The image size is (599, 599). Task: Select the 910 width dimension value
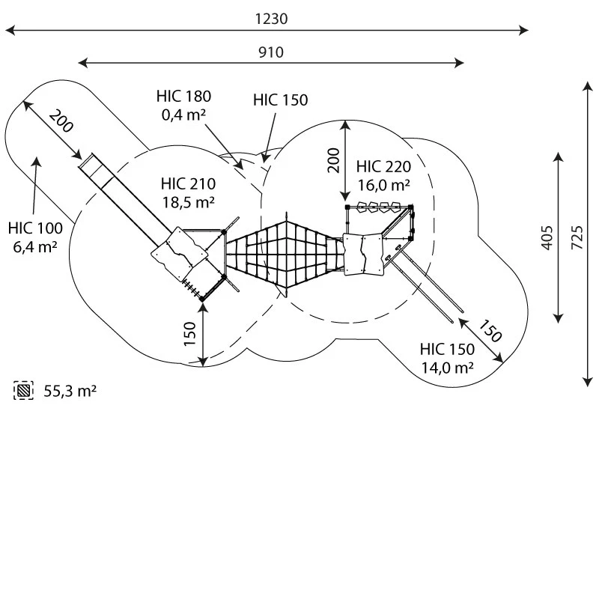point(271,52)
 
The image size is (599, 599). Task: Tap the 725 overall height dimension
point(577,235)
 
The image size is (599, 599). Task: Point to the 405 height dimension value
point(547,237)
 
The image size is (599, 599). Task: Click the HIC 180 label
point(183,96)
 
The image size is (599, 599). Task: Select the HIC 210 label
point(188,184)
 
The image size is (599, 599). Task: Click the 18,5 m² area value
point(188,201)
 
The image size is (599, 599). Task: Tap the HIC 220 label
point(383,166)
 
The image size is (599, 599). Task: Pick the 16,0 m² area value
point(383,184)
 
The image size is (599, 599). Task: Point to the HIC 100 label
point(36,228)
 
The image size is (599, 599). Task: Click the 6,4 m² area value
point(35,246)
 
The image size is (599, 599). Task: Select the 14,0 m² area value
point(447,367)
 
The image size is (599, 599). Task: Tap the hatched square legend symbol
point(24,390)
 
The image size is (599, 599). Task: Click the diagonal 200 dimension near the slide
point(61,121)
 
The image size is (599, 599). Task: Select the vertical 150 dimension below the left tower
point(190,333)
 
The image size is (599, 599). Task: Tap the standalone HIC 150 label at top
point(280,100)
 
